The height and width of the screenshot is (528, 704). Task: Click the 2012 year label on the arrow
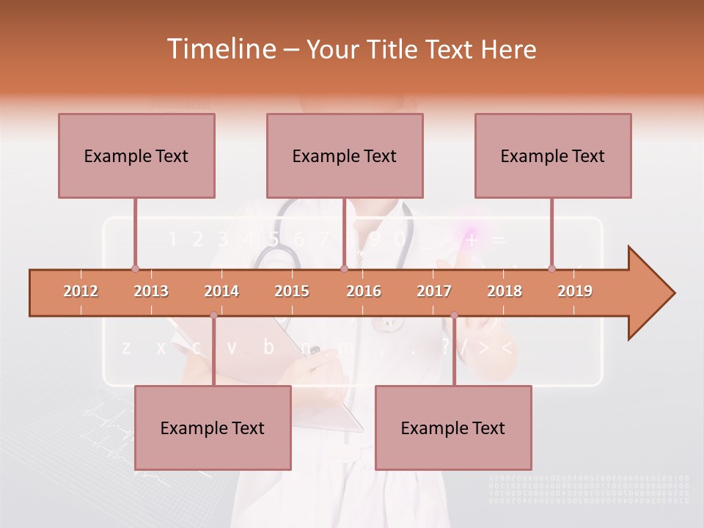81,291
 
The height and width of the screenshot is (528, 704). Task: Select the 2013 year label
151,291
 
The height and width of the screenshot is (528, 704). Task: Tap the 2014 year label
221,291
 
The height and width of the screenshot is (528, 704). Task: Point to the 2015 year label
292,291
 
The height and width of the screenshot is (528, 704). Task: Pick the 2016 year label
364,291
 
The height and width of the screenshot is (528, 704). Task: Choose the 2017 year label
434,291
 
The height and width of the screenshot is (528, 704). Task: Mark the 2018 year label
505,291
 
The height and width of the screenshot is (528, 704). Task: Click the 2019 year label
575,291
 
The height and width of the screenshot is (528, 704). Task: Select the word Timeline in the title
220,49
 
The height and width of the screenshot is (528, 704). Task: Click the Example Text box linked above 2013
136,155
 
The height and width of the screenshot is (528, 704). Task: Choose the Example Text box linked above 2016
345,155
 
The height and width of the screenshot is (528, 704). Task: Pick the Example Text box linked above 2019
553,155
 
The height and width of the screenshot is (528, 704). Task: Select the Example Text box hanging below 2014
213,428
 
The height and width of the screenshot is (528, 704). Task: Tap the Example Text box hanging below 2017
453,428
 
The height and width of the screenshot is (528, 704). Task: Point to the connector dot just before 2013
135,268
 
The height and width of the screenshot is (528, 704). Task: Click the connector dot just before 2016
345,268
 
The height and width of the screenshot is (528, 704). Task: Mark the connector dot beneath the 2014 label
213,315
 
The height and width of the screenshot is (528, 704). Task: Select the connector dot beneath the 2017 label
454,315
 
